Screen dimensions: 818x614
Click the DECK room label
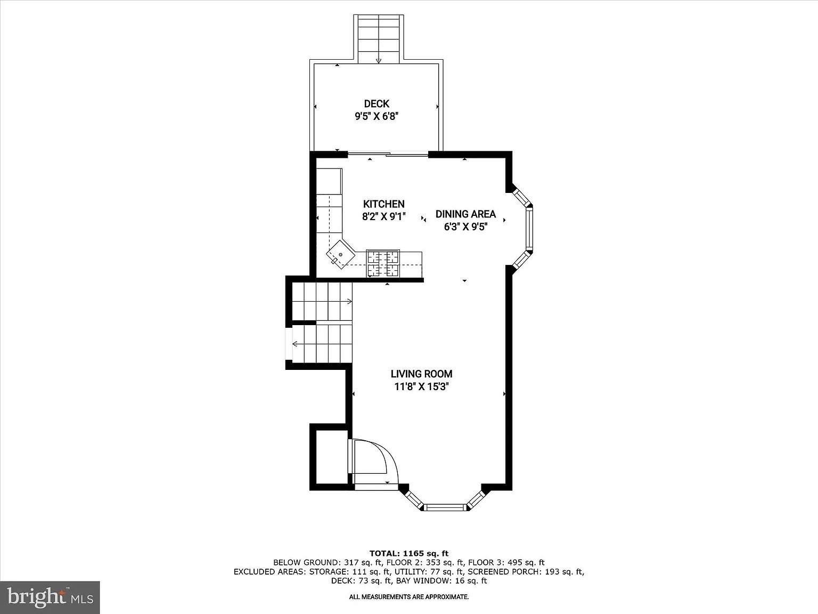tap(377, 103)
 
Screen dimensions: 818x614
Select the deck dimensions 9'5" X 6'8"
tap(377, 117)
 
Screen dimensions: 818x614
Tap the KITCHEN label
tap(383, 204)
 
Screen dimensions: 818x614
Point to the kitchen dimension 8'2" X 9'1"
tap(383, 216)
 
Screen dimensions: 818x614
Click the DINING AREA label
tap(465, 214)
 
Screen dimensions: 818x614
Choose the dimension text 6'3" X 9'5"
tap(465, 227)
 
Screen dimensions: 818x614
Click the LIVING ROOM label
tap(421, 374)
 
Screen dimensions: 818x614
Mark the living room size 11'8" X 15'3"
tap(421, 386)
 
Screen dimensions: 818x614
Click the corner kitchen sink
tap(340, 255)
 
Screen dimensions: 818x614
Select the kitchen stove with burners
tap(383, 264)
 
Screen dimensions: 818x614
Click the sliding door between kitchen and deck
tap(388, 154)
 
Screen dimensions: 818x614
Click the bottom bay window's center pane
tap(445, 507)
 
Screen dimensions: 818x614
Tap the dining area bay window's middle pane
tap(529, 229)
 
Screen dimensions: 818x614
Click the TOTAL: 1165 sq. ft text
tap(409, 553)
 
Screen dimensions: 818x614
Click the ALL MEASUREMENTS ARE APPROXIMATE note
tap(409, 597)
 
